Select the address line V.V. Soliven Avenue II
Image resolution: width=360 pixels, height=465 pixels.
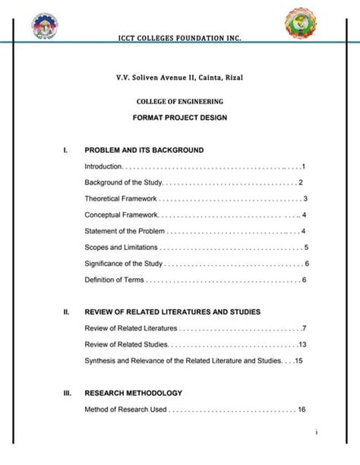tap(179, 77)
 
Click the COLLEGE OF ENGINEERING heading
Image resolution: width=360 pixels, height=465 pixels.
tap(180, 102)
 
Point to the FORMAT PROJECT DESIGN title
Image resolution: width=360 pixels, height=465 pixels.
tap(180, 118)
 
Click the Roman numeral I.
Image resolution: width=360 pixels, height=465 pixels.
tap(66, 150)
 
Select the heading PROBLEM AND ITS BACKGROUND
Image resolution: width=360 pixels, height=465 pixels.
tap(144, 150)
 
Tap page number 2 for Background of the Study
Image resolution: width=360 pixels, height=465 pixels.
tap(301, 182)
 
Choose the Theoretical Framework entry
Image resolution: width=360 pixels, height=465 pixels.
tap(121, 198)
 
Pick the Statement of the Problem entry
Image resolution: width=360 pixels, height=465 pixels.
tap(125, 231)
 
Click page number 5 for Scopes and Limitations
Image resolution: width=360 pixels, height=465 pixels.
tap(305, 248)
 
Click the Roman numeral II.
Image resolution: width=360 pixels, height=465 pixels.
tap(67, 312)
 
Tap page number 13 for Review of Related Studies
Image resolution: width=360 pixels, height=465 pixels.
tap(302, 344)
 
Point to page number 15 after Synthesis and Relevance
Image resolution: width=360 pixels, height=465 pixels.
tap(299, 360)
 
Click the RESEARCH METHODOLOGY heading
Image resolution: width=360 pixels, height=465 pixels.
tap(133, 393)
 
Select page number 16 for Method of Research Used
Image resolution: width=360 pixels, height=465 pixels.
tap(302, 410)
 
